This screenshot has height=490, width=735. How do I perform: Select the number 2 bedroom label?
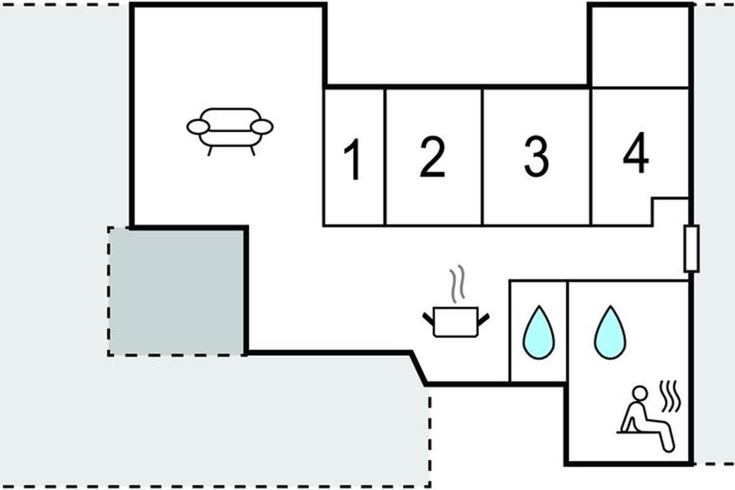432,157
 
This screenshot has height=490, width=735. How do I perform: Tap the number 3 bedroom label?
537,157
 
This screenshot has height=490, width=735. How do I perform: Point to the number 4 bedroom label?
636,153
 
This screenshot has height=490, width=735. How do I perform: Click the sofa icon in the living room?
230,130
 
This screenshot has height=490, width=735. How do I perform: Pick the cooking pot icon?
456,322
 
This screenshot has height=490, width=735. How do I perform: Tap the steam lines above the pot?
457,284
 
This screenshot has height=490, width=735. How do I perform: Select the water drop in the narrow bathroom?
538,332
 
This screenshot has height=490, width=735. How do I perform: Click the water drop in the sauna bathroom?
610,332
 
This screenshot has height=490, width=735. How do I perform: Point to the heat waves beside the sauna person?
670,396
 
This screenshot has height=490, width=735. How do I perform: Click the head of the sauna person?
640,393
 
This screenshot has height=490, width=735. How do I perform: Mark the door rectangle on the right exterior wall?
692,249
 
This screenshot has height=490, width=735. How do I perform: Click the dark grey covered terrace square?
176,292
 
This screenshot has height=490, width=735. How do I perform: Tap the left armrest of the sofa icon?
198,127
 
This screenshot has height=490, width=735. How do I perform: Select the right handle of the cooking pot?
484,319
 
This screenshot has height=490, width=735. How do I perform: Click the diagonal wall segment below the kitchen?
419,368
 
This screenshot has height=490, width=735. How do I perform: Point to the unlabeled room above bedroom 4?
640,47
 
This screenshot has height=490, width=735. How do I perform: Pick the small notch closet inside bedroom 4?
670,212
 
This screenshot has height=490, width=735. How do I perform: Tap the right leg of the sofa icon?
252,151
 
